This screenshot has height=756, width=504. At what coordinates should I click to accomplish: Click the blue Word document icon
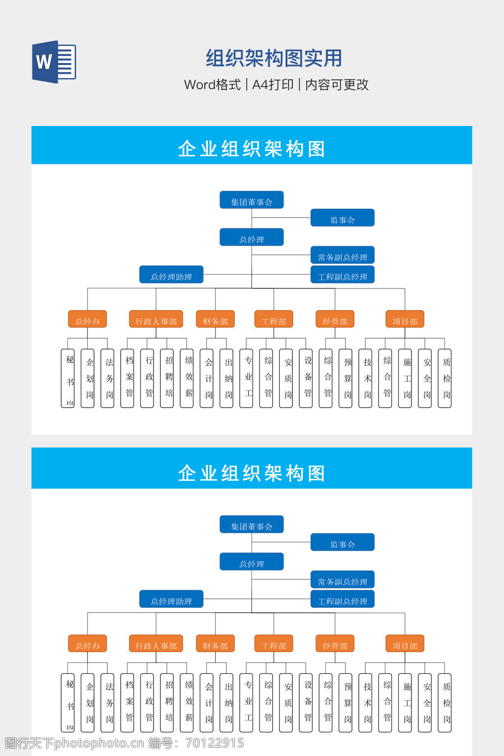pyautogui.click(x=54, y=62)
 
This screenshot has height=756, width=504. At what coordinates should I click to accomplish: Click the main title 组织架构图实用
pyautogui.click(x=274, y=58)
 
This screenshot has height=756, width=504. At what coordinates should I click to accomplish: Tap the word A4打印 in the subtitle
pyautogui.click(x=273, y=85)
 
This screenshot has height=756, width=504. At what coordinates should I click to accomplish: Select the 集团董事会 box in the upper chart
pyautogui.click(x=252, y=200)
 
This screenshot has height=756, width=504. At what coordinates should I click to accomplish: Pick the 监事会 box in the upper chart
pyautogui.click(x=342, y=218)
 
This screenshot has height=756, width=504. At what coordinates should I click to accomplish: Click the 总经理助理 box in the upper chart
pyautogui.click(x=171, y=275)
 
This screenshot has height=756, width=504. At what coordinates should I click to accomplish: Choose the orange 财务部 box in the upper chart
pyautogui.click(x=215, y=319)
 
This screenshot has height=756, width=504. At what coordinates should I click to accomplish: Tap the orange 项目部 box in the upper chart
pyautogui.click(x=405, y=319)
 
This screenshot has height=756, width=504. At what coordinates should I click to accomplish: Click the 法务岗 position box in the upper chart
pyautogui.click(x=107, y=378)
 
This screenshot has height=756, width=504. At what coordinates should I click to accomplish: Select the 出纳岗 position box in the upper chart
pyautogui.click(x=226, y=378)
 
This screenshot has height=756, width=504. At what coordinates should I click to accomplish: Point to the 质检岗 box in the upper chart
pyautogui.click(x=444, y=378)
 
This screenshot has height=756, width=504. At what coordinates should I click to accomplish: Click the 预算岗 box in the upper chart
pyautogui.click(x=346, y=378)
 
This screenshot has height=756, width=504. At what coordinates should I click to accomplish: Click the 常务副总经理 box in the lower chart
pyautogui.click(x=342, y=580)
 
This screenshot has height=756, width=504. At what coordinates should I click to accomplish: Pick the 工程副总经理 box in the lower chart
pyautogui.click(x=342, y=599)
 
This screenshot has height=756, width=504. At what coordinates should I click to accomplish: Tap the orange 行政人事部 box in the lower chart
pyautogui.click(x=156, y=644)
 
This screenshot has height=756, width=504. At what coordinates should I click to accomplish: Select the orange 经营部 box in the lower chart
pyautogui.click(x=335, y=644)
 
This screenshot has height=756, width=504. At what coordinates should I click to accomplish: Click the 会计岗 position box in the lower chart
pyautogui.click(x=207, y=702)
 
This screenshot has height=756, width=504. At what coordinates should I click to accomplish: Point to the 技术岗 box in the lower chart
pyautogui.click(x=365, y=702)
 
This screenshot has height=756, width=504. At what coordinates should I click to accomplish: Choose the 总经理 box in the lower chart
pyautogui.click(x=252, y=562)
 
